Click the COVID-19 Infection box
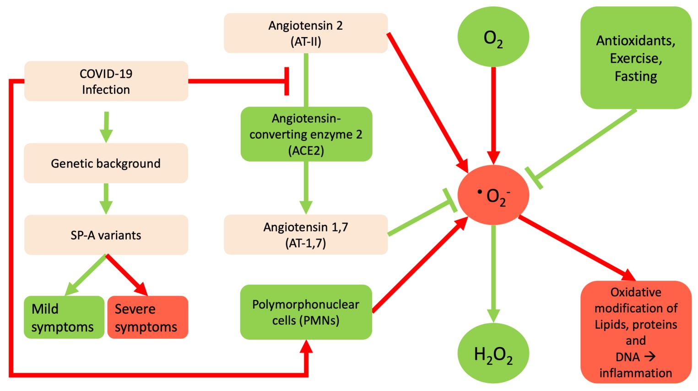(x=106, y=81)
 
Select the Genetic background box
(x=106, y=163)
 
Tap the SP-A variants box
(x=106, y=235)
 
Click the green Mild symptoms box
(x=64, y=317)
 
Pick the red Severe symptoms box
(x=147, y=317)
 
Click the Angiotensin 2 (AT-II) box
(x=305, y=33)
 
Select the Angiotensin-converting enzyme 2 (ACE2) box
(x=306, y=134)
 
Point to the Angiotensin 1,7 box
(x=305, y=234)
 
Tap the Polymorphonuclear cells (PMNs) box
(x=306, y=312)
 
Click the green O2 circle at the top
(x=493, y=37)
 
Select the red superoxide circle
(x=493, y=195)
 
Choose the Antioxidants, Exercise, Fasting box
(x=635, y=58)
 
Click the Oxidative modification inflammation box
(x=635, y=332)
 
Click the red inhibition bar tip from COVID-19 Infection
(x=287, y=81)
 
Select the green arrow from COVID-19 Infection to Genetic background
(x=106, y=126)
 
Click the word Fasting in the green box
(x=635, y=76)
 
